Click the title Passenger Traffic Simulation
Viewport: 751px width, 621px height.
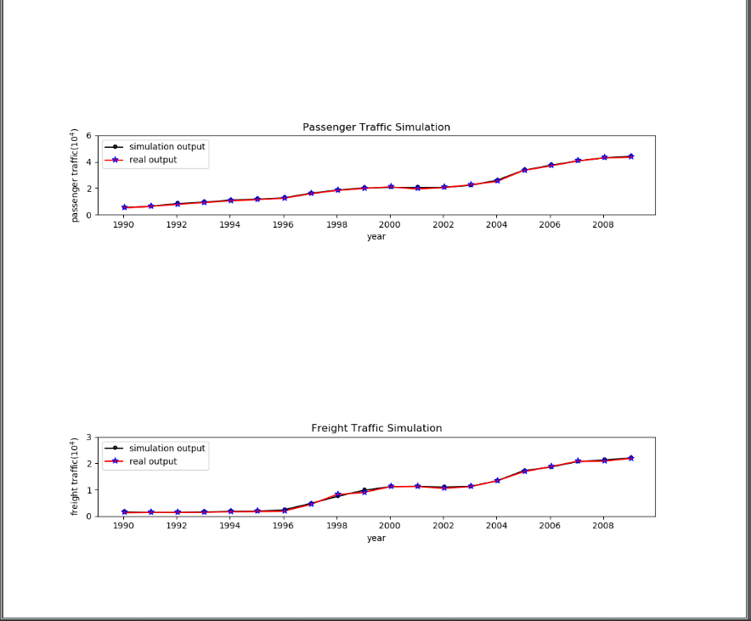[376, 127]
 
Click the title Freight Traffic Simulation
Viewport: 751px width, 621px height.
[376, 428]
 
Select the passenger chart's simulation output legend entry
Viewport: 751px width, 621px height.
[167, 147]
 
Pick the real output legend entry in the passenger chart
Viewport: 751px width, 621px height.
[153, 160]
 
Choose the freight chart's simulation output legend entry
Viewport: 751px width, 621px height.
[167, 449]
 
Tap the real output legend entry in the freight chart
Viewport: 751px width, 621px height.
[153, 461]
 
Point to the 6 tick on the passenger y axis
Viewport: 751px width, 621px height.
[88, 136]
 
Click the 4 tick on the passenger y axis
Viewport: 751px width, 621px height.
[88, 162]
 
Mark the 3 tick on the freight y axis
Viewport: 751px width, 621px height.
[88, 438]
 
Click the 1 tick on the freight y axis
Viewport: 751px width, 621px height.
[88, 490]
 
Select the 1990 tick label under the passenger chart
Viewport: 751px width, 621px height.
[124, 225]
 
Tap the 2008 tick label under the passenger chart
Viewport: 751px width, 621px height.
[603, 225]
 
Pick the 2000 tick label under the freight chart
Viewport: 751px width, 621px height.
[390, 527]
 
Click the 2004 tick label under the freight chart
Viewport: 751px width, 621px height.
[496, 527]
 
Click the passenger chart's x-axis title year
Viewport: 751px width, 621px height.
[376, 237]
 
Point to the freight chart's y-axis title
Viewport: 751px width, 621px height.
[75, 477]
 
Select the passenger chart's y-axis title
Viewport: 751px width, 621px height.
[75, 176]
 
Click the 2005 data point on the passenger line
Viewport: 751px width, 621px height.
[524, 170]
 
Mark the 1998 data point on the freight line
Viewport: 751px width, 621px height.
[337, 494]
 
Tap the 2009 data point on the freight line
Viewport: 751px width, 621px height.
[630, 458]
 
